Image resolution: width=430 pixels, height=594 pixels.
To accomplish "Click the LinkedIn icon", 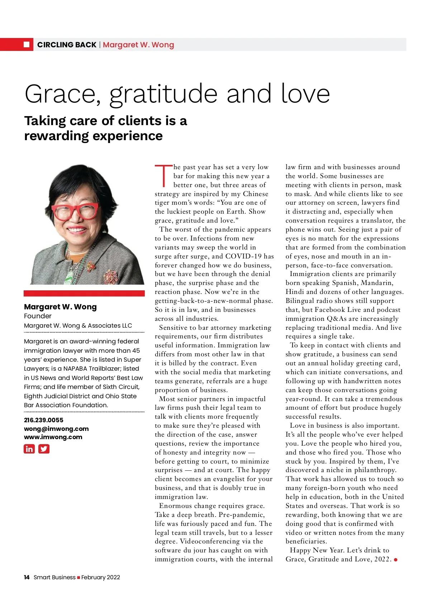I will point(29,449).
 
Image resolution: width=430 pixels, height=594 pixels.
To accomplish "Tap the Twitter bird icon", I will point(44,449).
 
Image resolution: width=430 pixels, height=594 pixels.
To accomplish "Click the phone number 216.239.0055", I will point(44,420).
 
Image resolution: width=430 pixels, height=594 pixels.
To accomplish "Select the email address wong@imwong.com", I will point(56,429).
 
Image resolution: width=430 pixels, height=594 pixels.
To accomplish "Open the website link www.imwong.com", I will point(53,437).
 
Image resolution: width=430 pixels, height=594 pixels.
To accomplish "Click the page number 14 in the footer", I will point(27,577).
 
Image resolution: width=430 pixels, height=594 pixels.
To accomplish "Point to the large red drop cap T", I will point(163,176).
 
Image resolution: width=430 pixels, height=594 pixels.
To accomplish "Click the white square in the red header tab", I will point(27,44).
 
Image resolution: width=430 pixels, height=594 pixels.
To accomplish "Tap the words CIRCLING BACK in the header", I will point(67,45).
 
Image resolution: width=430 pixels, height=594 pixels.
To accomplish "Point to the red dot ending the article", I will point(396,560).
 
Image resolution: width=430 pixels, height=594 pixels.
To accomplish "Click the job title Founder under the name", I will point(38,316).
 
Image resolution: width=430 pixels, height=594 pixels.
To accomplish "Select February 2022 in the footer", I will point(101,577).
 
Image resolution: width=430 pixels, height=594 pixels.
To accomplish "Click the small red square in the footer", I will point(78,578).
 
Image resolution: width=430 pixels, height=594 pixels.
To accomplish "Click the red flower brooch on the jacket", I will point(110,277).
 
